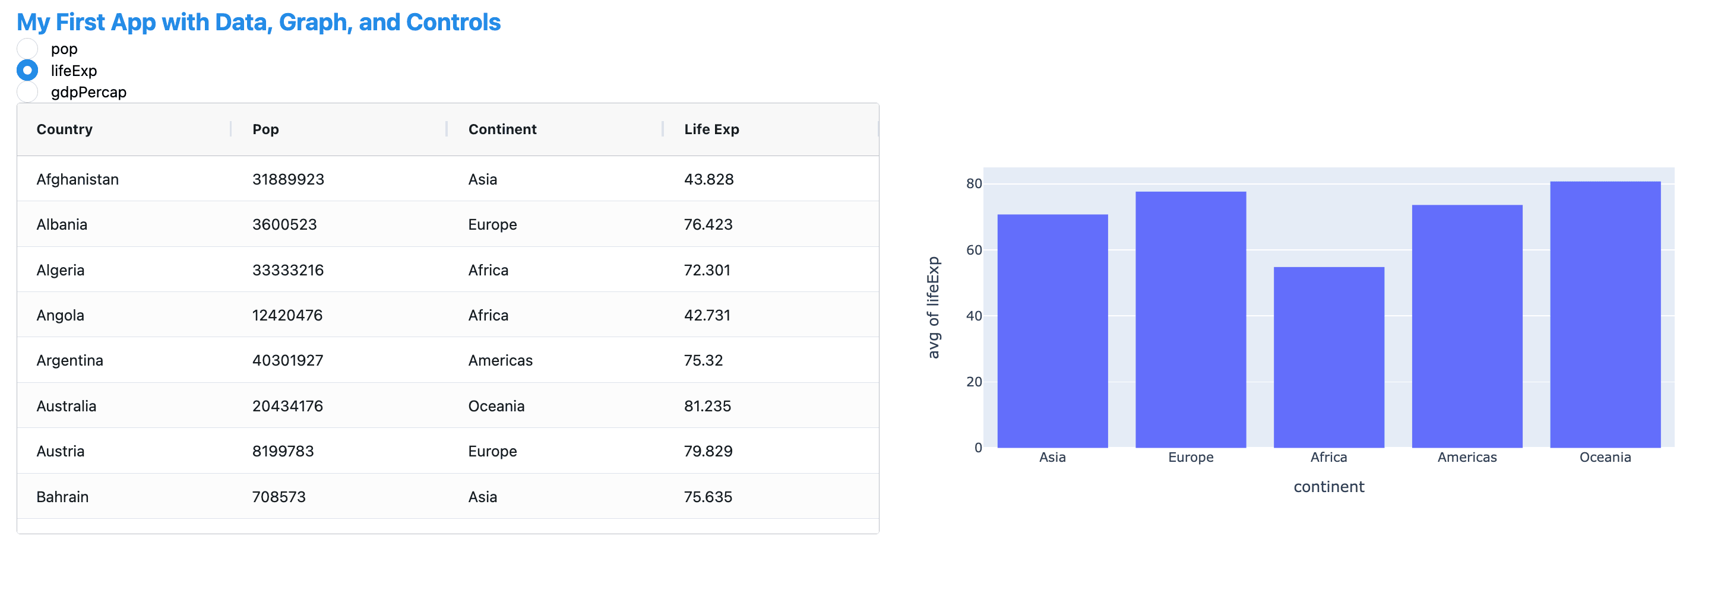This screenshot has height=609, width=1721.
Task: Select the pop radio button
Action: [27, 48]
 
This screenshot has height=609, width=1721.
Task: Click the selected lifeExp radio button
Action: [27, 70]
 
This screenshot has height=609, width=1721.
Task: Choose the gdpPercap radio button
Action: [27, 92]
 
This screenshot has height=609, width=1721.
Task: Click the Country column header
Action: [64, 129]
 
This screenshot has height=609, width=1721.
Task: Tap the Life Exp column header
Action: [711, 129]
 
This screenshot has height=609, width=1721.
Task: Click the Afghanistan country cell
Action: [77, 179]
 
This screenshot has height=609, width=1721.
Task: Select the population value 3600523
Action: [284, 224]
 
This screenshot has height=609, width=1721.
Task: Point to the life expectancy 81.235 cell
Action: [707, 406]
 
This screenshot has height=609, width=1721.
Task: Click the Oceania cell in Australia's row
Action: [496, 406]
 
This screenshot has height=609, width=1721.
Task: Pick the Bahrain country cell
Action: [62, 497]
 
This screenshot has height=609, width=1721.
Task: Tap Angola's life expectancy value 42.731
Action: [707, 315]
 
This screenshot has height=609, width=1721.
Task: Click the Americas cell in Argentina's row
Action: [501, 361]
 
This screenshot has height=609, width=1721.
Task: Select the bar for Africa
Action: [1329, 357]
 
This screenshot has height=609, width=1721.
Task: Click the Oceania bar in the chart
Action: [1605, 315]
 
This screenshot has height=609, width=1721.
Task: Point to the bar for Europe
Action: [1191, 320]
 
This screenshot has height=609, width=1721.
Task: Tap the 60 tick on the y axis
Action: [974, 250]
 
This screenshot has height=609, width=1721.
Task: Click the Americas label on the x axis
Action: [1467, 458]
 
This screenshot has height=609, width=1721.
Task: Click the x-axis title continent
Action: [1329, 487]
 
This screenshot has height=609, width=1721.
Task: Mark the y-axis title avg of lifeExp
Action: [934, 308]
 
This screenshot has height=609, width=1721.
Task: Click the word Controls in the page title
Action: [453, 22]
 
